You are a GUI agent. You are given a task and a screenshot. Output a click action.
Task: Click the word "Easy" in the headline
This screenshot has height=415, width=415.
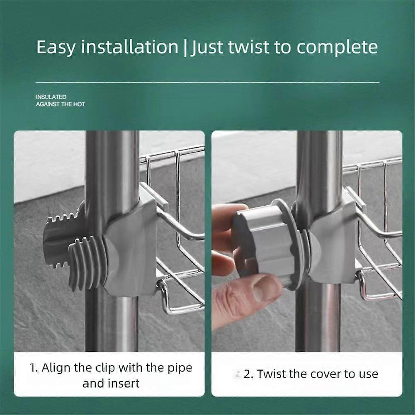pos(56,47)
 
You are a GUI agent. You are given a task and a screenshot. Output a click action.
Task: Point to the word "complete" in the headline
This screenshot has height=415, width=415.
pos(337,48)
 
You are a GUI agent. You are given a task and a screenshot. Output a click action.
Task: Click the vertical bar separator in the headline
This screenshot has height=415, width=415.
pos(185,48)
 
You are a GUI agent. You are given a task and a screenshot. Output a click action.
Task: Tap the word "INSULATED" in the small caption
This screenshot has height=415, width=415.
pos(51,97)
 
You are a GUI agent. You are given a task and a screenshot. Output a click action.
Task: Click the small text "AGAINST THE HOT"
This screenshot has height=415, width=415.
pos(61,104)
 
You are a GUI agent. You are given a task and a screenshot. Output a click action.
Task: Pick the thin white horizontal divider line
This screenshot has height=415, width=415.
pos(207,83)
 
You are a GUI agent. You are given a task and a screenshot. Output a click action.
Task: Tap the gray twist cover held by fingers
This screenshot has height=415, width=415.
pos(266,245)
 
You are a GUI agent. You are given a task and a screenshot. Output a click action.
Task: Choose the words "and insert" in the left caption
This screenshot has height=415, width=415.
pos(111,383)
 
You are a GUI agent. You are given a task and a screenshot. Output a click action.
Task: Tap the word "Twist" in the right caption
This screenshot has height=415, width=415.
pos(271,374)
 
